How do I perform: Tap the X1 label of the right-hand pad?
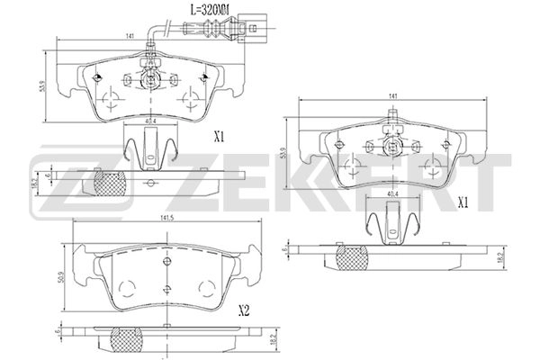[463, 202]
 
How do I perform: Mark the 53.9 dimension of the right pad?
[286, 153]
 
